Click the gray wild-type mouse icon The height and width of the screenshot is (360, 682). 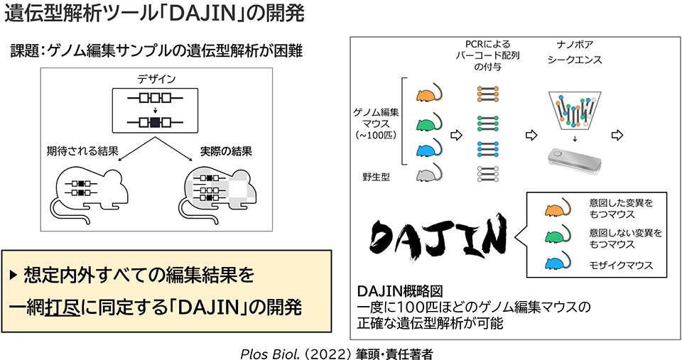[429, 173]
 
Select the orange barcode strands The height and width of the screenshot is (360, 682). [487, 93]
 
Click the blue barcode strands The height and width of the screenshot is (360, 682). [487, 148]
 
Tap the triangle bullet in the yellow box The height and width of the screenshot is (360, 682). [13, 273]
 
